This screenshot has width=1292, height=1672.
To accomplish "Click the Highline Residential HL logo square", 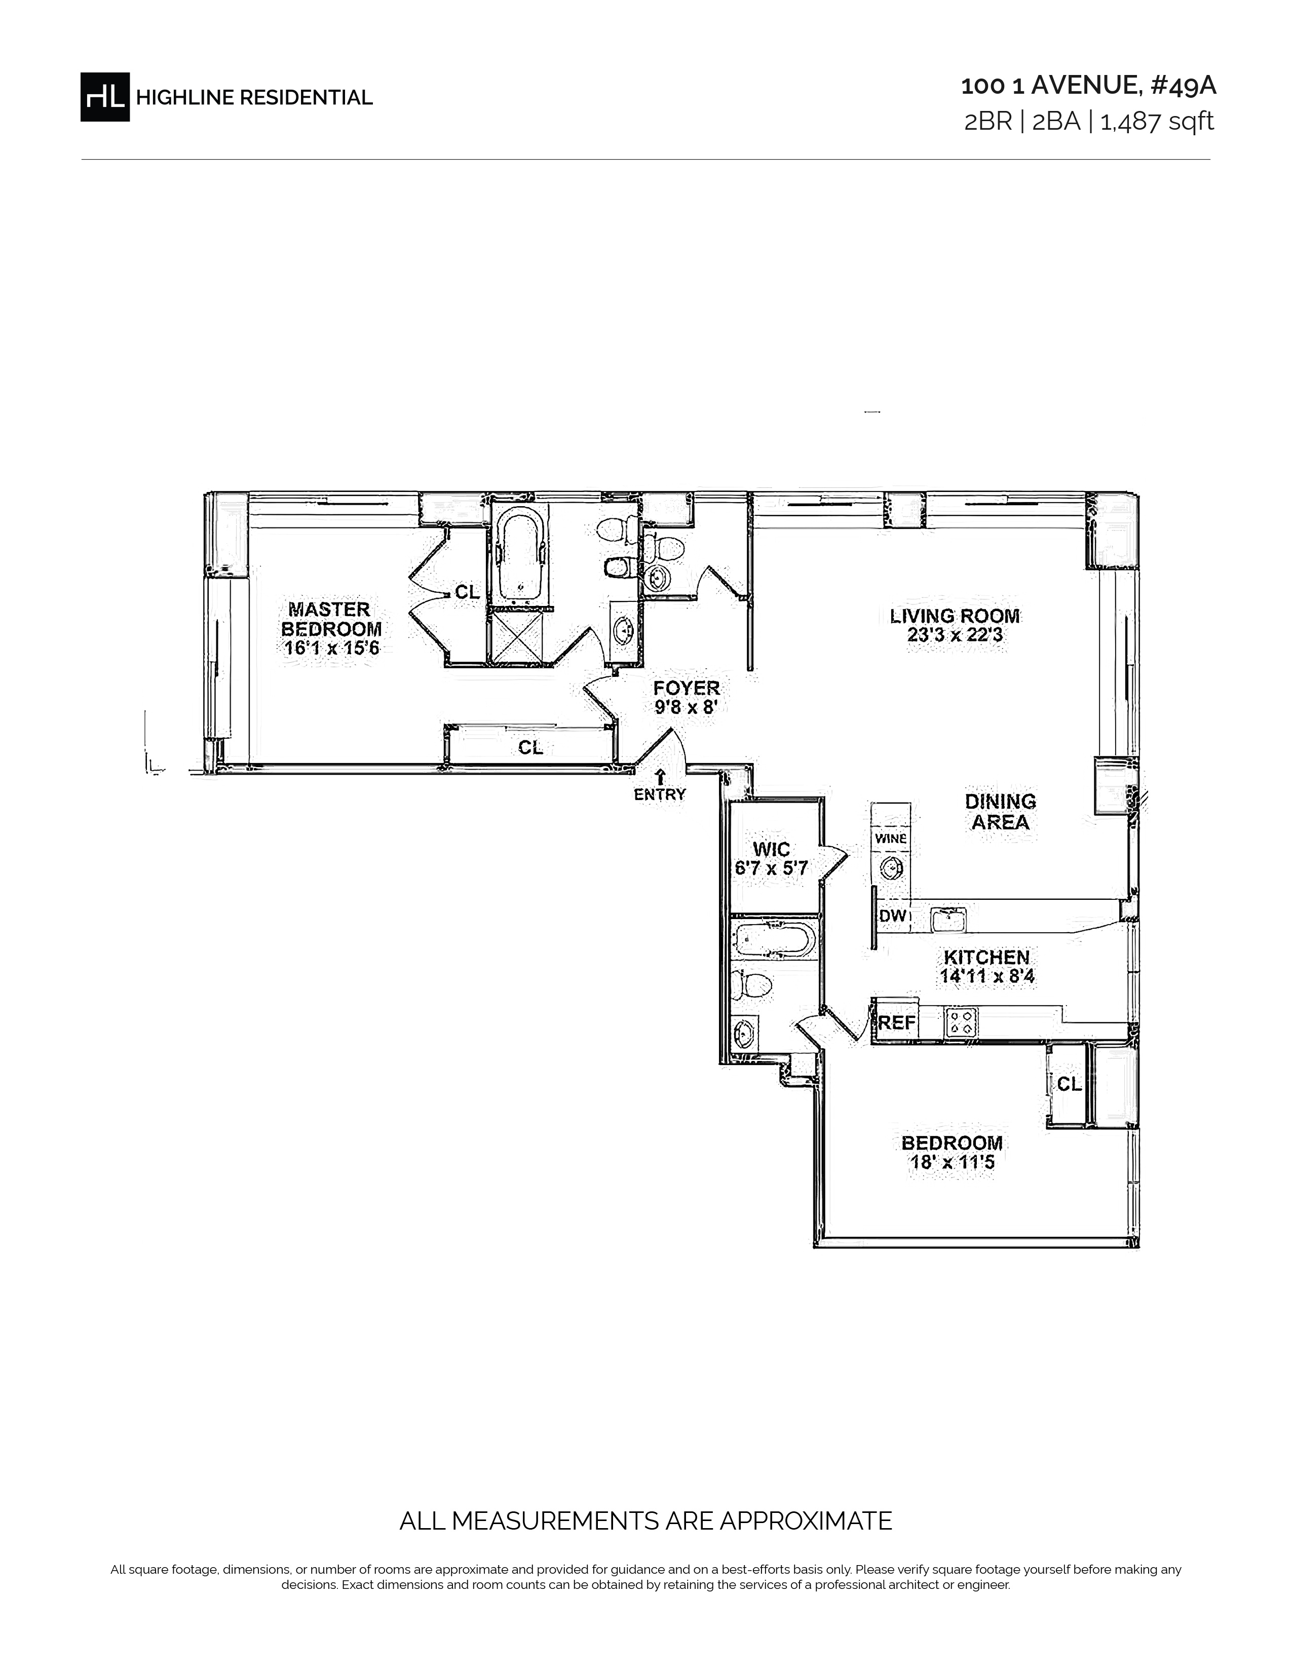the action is pos(105,96).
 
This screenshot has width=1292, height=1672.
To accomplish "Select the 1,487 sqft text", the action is pos(1157,122).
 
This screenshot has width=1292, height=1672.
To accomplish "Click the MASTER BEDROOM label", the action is pos(331,619).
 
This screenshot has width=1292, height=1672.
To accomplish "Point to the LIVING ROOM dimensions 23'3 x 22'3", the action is pos(955,635).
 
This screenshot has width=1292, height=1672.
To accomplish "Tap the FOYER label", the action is pos(687,688).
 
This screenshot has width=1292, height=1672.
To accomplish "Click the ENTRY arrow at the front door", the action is pos(660,776).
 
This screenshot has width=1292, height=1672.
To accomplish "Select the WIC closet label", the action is pos(772,849).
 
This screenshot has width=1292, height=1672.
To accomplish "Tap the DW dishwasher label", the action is pos(892,916).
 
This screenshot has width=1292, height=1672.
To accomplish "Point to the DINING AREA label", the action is pos(1000,812).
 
